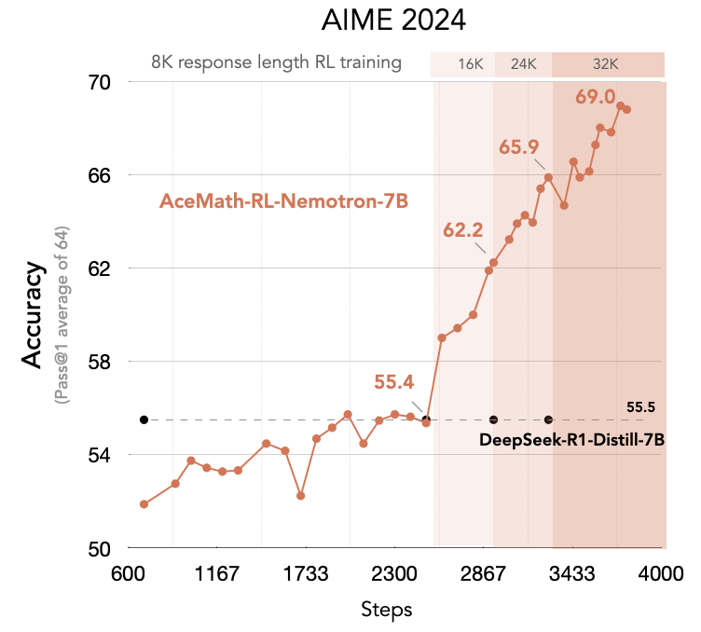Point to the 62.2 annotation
463,229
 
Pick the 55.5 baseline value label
641,407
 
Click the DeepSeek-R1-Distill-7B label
571,439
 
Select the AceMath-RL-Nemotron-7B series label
284,201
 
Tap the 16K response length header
470,64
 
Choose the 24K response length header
524,64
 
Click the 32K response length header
606,64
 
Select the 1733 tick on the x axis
307,572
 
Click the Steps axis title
386,609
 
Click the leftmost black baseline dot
144,419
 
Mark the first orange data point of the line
144,504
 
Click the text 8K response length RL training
276,63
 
